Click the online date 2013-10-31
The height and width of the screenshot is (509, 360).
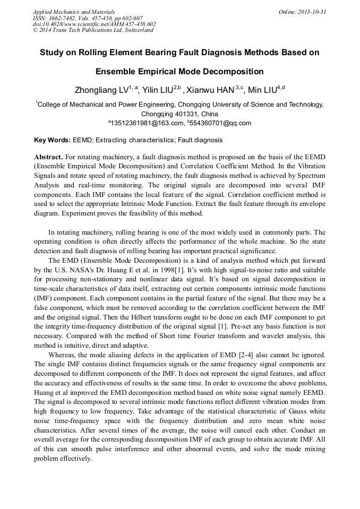pyautogui.click(x=312, y=11)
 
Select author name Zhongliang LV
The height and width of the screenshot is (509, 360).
pyautogui.click(x=100, y=90)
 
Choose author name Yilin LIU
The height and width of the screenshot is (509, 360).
pyautogui.click(x=159, y=90)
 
